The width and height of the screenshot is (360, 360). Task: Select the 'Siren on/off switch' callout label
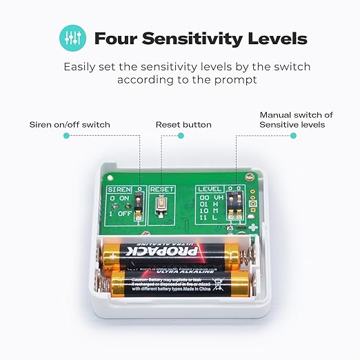point(70,125)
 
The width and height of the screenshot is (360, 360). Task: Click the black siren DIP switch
point(138,205)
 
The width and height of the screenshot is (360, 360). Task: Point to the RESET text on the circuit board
point(161,188)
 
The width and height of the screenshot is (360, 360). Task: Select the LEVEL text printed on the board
point(209,188)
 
